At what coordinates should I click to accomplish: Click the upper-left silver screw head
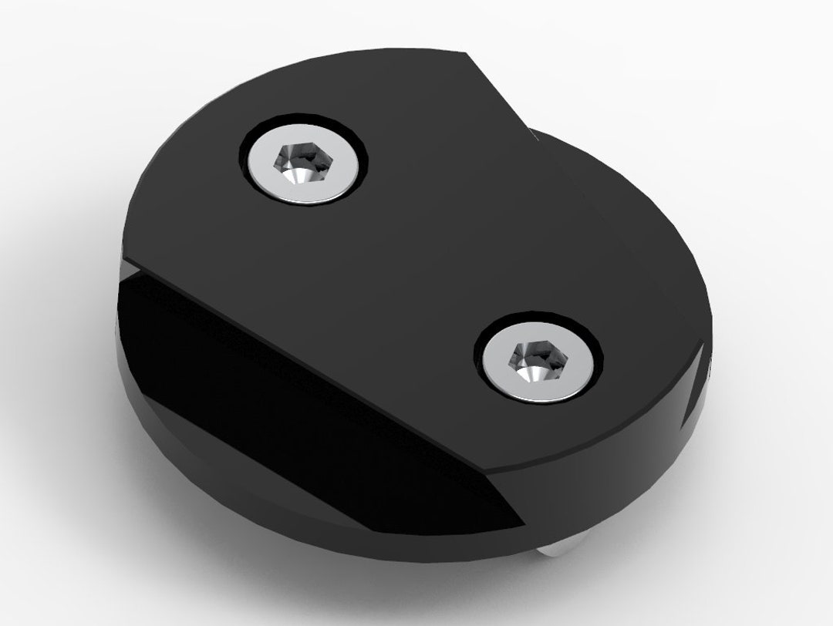[302, 163]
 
